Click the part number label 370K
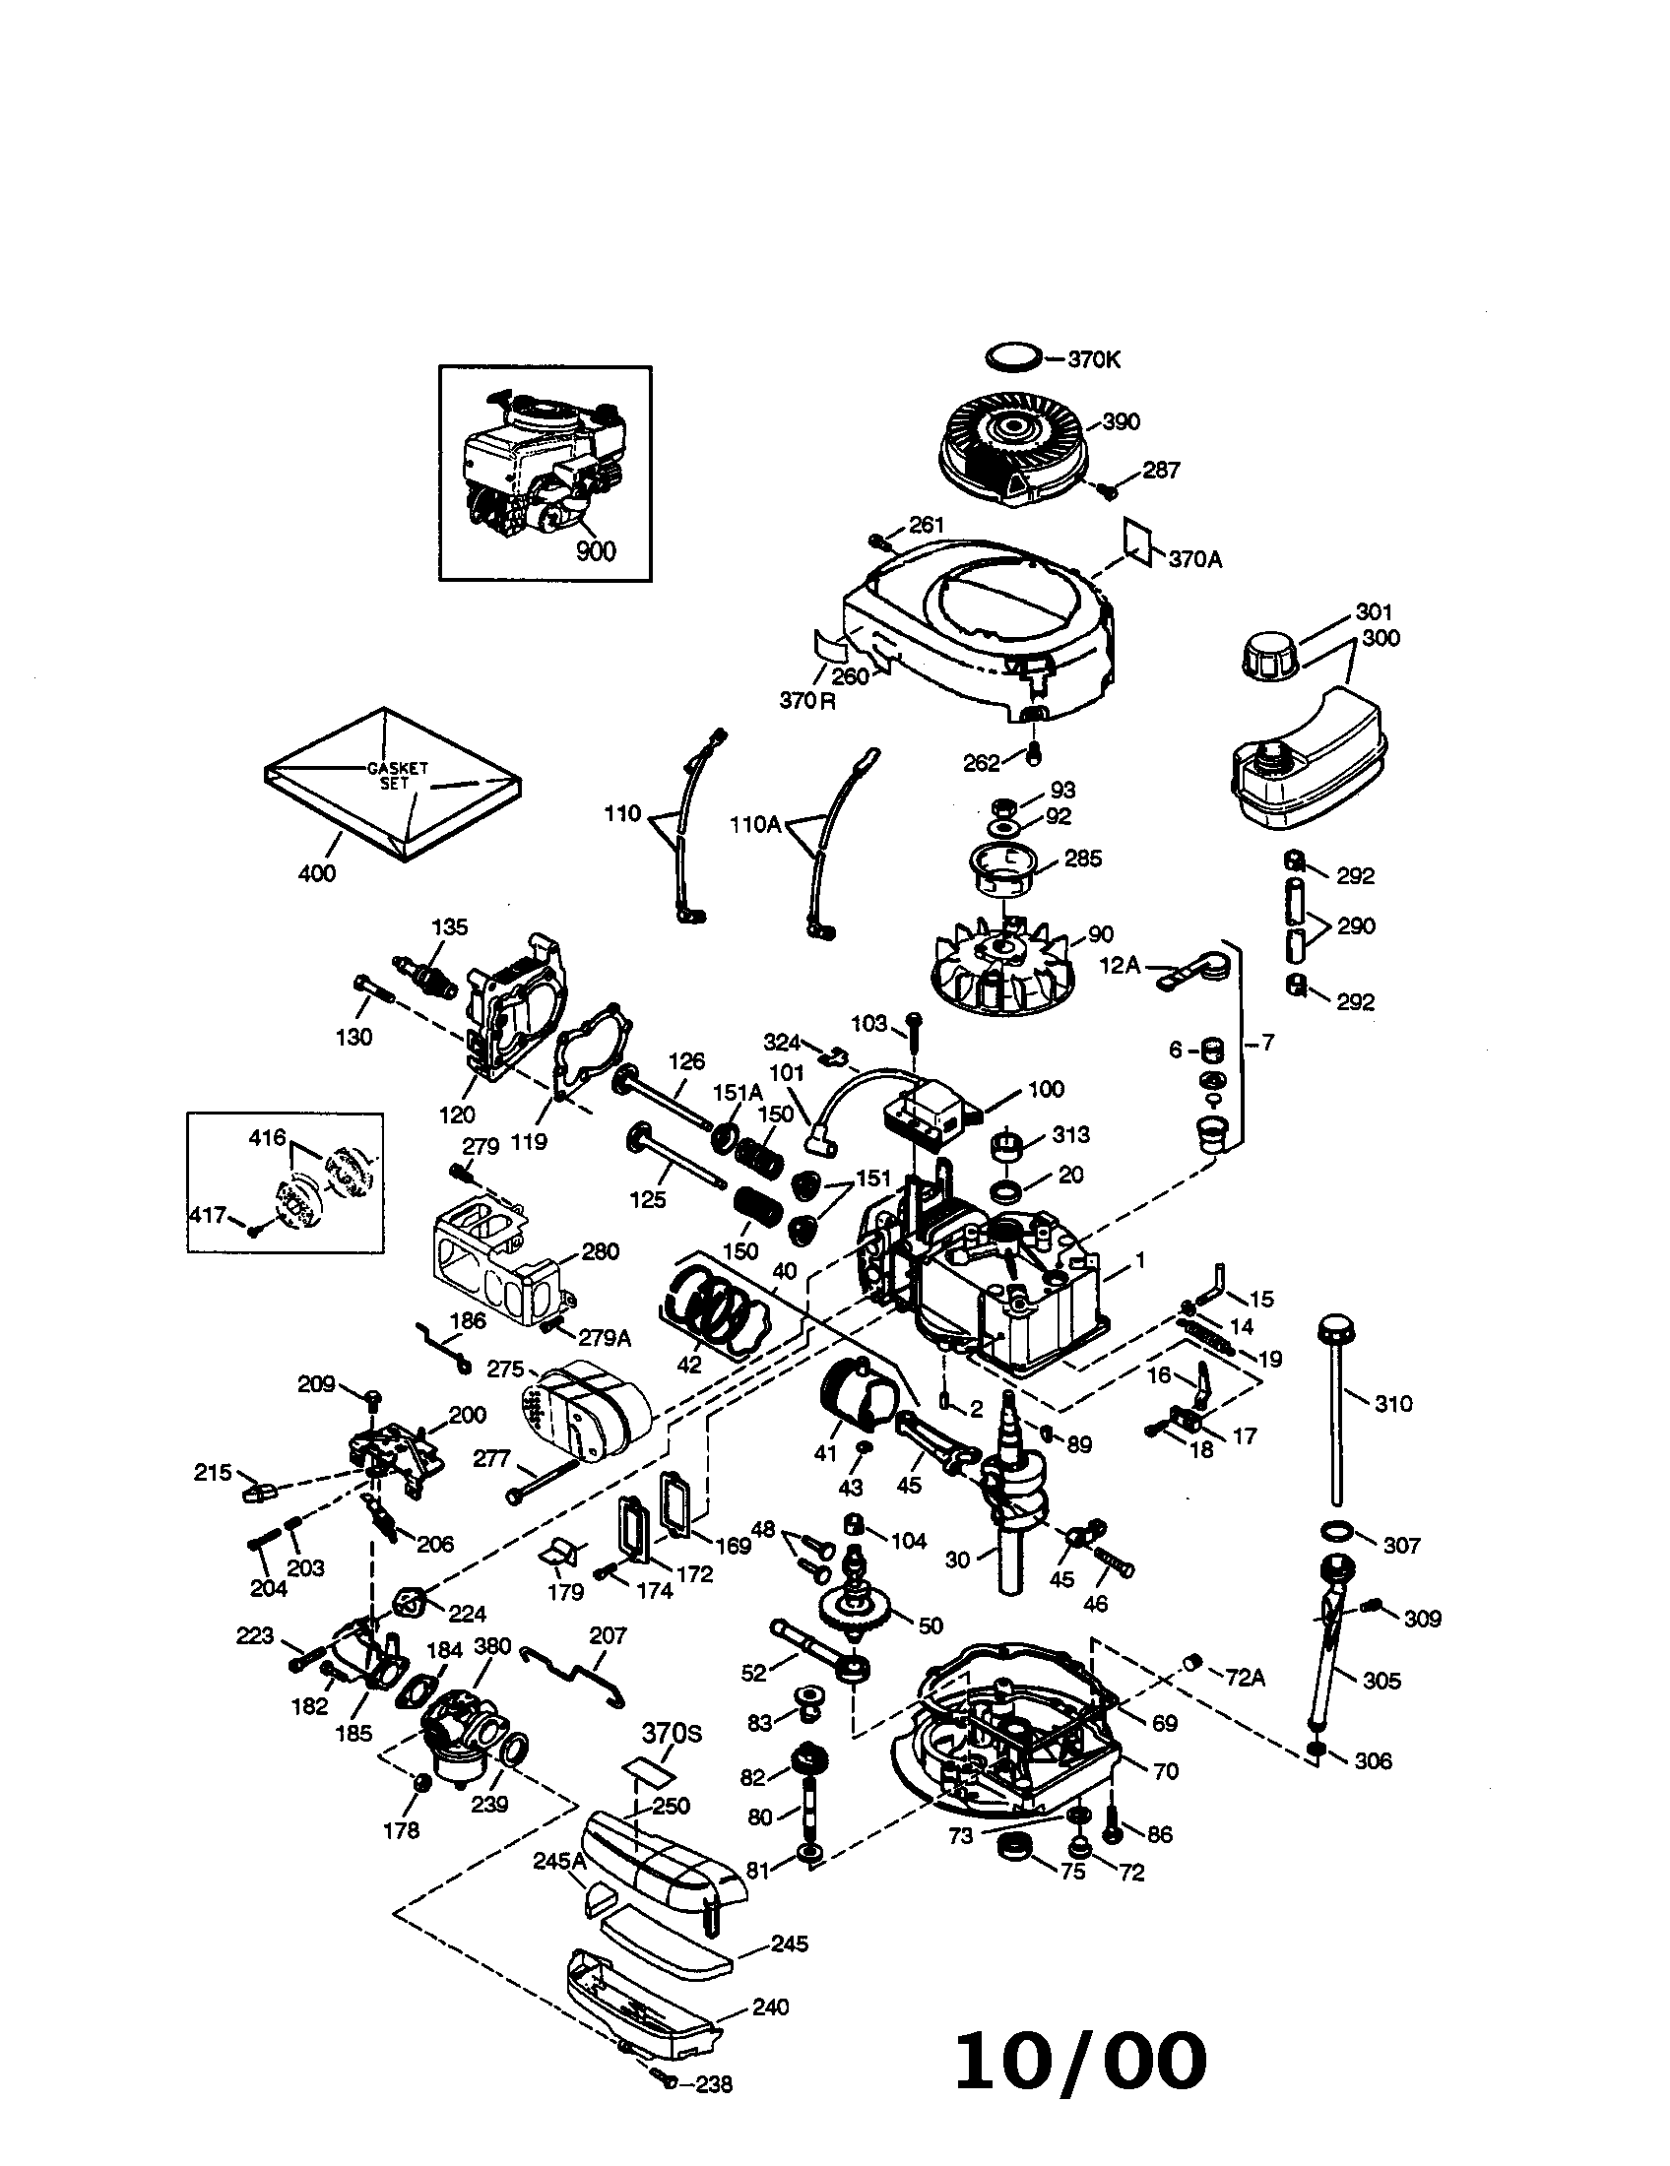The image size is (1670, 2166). click(x=1094, y=359)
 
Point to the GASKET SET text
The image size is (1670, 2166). click(x=398, y=775)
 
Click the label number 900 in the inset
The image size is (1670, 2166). click(x=595, y=550)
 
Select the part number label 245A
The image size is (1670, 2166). click(x=561, y=1861)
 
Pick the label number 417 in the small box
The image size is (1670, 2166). click(x=208, y=1213)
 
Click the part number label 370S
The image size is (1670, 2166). click(x=672, y=1732)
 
